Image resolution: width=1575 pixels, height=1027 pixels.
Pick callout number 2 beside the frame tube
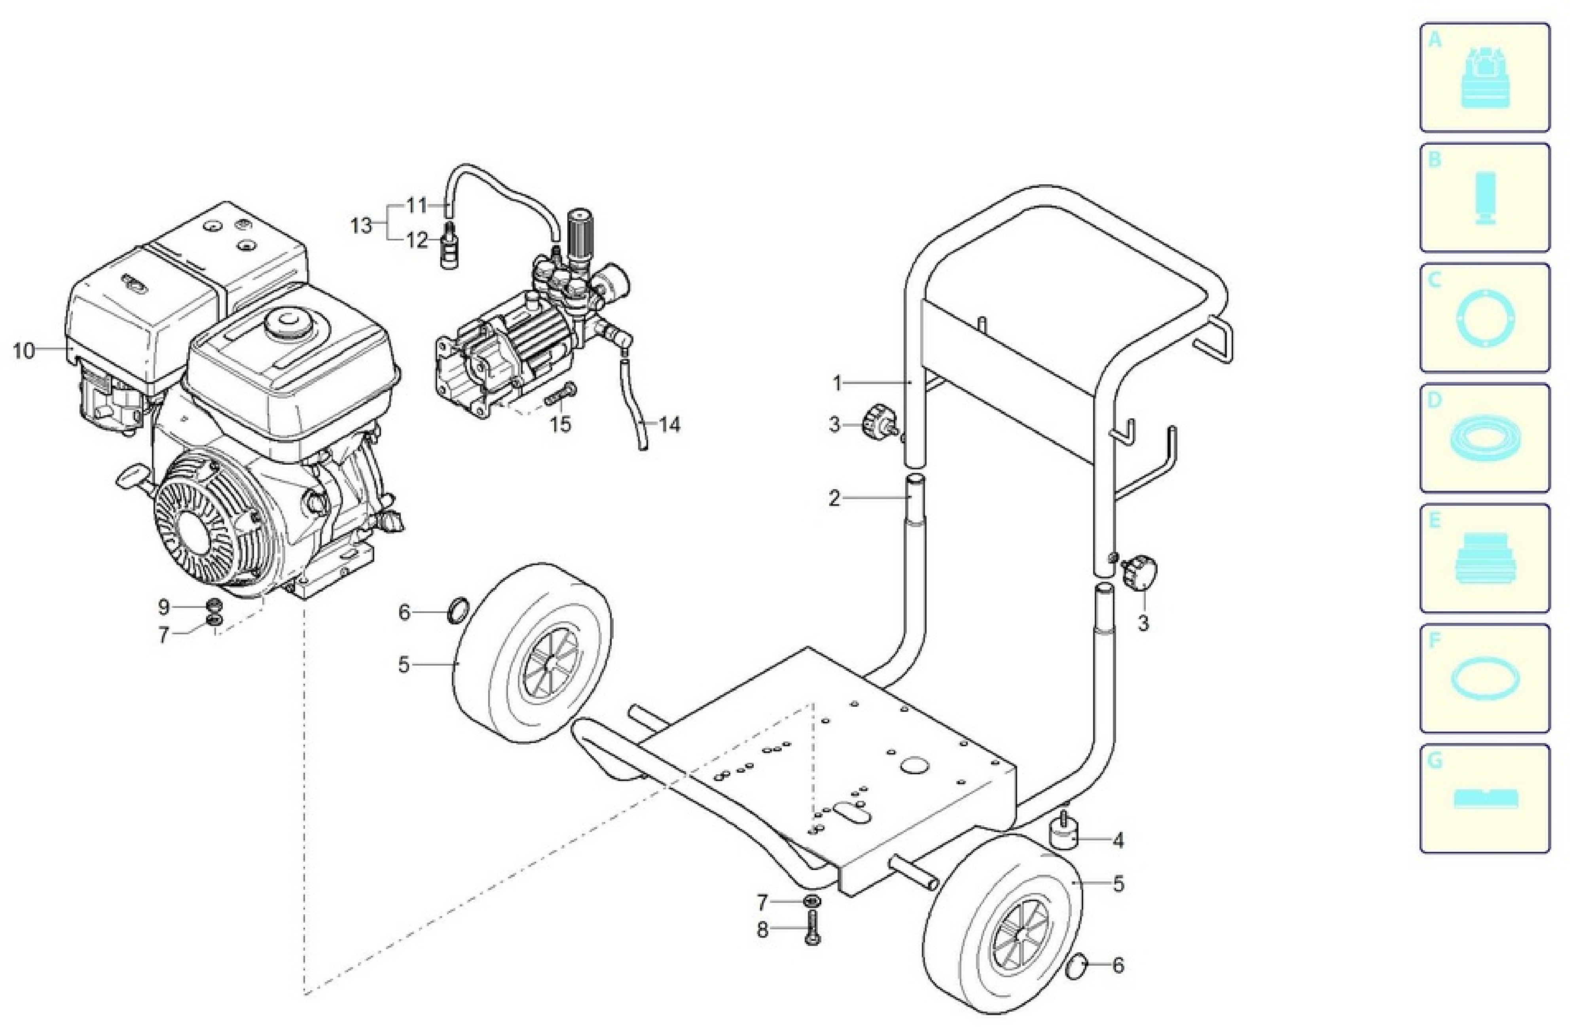pyautogui.click(x=834, y=498)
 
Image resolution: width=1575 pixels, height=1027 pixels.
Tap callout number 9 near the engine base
pyautogui.click(x=163, y=606)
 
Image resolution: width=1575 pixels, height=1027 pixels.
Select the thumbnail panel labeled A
pyautogui.click(x=1484, y=78)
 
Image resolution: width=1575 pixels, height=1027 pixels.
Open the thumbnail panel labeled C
pyautogui.click(x=1484, y=318)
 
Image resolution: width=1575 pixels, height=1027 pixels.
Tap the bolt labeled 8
pyautogui.click(x=813, y=927)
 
